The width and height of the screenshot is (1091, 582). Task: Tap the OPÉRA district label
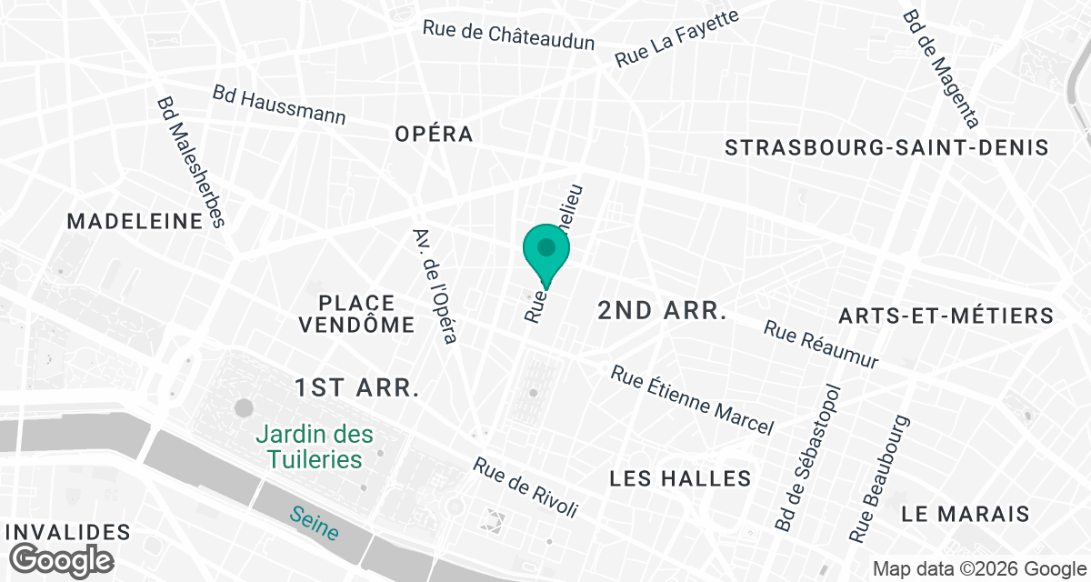click(x=434, y=134)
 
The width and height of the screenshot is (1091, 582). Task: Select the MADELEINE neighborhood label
click(x=135, y=221)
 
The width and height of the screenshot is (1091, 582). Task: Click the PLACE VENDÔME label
click(x=357, y=313)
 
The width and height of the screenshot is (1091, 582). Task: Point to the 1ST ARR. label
click(x=356, y=388)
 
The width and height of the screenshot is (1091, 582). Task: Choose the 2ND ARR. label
click(x=663, y=311)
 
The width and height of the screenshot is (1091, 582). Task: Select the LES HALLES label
click(x=680, y=478)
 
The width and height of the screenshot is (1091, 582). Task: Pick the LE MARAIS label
click(x=966, y=513)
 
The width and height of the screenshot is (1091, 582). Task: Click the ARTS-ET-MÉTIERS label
click(x=946, y=316)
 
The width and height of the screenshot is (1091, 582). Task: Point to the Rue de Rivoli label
click(x=525, y=487)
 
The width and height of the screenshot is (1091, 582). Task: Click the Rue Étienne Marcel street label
click(x=692, y=400)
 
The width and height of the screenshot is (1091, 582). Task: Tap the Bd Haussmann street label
click(x=279, y=105)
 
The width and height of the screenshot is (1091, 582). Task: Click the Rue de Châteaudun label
click(x=508, y=35)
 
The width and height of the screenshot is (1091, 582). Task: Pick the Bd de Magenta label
click(x=940, y=68)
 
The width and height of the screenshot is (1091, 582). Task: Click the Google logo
click(x=63, y=558)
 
